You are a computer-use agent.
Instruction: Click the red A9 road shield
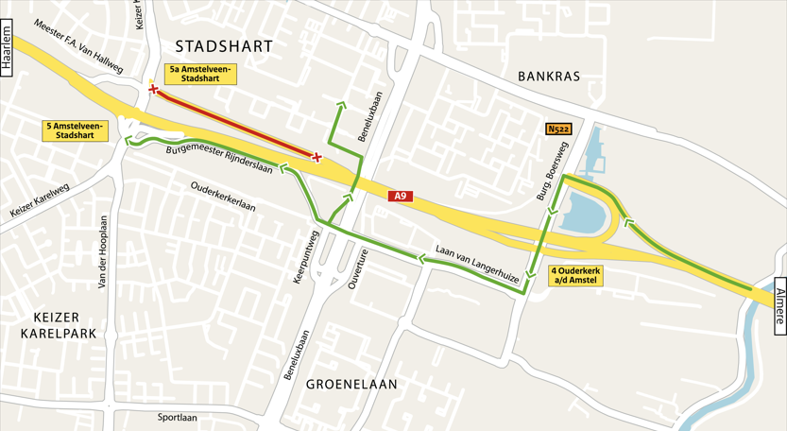[401, 197]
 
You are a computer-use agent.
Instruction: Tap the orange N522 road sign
[558, 129]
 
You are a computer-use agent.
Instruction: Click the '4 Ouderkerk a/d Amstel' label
[574, 275]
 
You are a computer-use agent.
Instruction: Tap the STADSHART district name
[223, 46]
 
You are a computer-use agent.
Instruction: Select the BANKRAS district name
[548, 76]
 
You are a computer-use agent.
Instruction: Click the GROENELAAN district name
[351, 384]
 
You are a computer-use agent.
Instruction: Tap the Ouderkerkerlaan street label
[224, 197]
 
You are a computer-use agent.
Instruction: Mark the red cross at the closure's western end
[153, 90]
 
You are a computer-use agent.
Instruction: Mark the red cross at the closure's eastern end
[317, 157]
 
